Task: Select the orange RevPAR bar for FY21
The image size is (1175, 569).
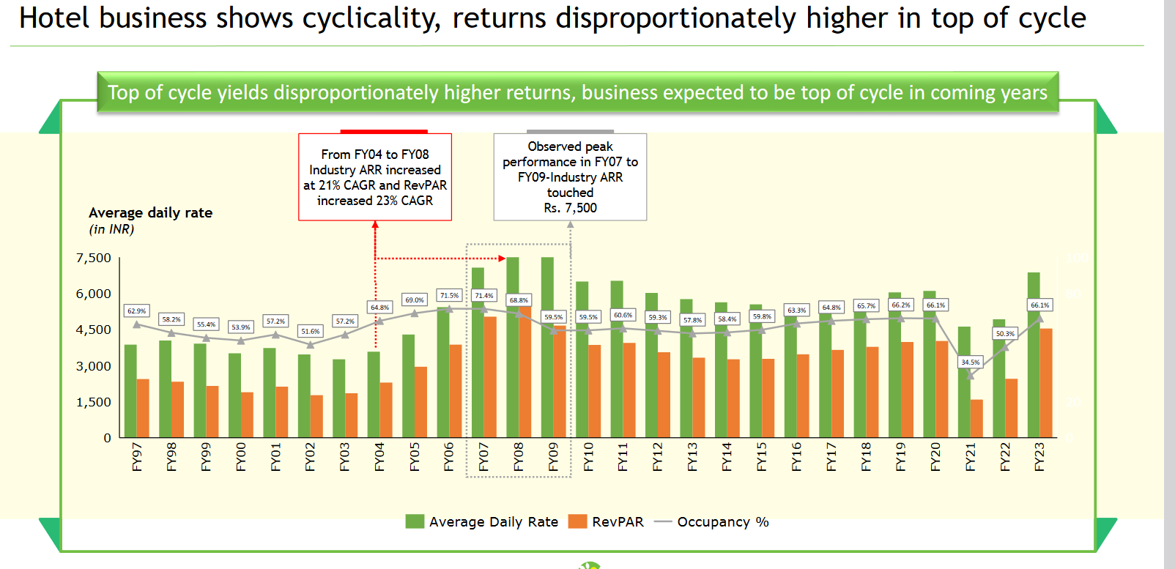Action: pyautogui.click(x=976, y=419)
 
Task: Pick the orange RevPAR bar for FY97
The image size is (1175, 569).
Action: pyautogui.click(x=143, y=408)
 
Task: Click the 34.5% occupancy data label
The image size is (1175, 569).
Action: pyautogui.click(x=970, y=362)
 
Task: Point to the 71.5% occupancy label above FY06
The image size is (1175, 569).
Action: pyautogui.click(x=449, y=296)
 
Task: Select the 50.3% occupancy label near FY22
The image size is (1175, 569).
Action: pyautogui.click(x=1005, y=334)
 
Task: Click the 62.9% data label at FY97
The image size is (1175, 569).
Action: pyautogui.click(x=136, y=311)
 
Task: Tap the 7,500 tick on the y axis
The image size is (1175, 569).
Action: pyautogui.click(x=94, y=258)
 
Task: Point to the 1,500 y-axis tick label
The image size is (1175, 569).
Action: pyautogui.click(x=94, y=402)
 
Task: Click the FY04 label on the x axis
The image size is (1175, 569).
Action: pyautogui.click(x=379, y=457)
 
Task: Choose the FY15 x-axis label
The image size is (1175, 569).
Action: pyautogui.click(x=762, y=457)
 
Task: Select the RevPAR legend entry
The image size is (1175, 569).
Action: pyautogui.click(x=618, y=521)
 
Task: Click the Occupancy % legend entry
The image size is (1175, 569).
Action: pyautogui.click(x=722, y=521)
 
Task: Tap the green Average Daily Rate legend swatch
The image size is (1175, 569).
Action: pyautogui.click(x=415, y=521)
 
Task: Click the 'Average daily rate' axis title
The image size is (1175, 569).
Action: pyautogui.click(x=150, y=212)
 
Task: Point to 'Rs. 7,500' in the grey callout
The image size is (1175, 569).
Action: pyautogui.click(x=570, y=208)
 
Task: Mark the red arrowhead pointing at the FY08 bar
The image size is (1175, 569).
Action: pyautogui.click(x=502, y=258)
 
